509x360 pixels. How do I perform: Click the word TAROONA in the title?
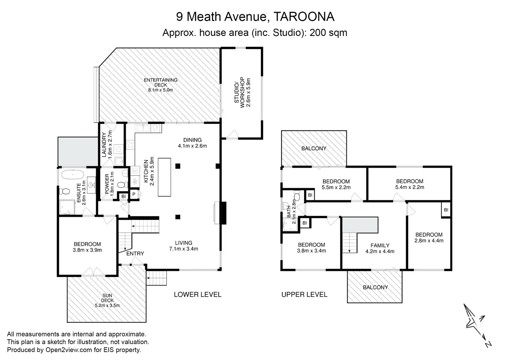[x=304, y=17]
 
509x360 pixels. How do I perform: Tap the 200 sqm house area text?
[x=328, y=33]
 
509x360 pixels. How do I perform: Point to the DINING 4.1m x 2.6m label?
[x=192, y=143]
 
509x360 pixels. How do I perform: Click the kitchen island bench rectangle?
[x=165, y=177]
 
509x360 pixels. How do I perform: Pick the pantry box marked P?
[x=134, y=195]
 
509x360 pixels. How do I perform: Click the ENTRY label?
[x=135, y=254]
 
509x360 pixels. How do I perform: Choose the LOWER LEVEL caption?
[x=197, y=294]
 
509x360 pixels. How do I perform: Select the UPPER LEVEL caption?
[x=304, y=294]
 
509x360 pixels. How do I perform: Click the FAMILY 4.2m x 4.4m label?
[x=380, y=248]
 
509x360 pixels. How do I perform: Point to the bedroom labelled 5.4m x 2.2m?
[x=410, y=184]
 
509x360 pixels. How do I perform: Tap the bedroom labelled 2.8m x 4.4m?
[x=429, y=237]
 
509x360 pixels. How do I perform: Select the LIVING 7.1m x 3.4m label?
[x=183, y=246]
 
